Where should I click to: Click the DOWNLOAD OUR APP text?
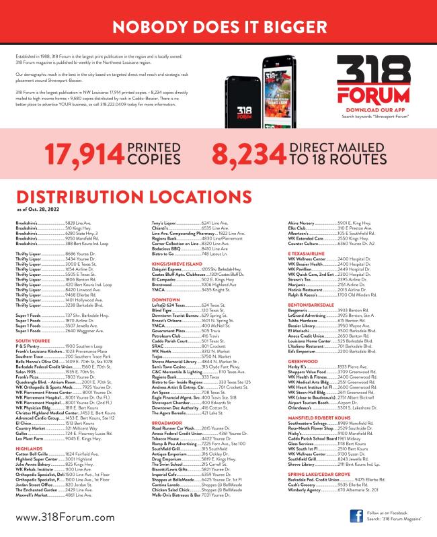(368, 109)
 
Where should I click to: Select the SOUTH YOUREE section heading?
(31, 322)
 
